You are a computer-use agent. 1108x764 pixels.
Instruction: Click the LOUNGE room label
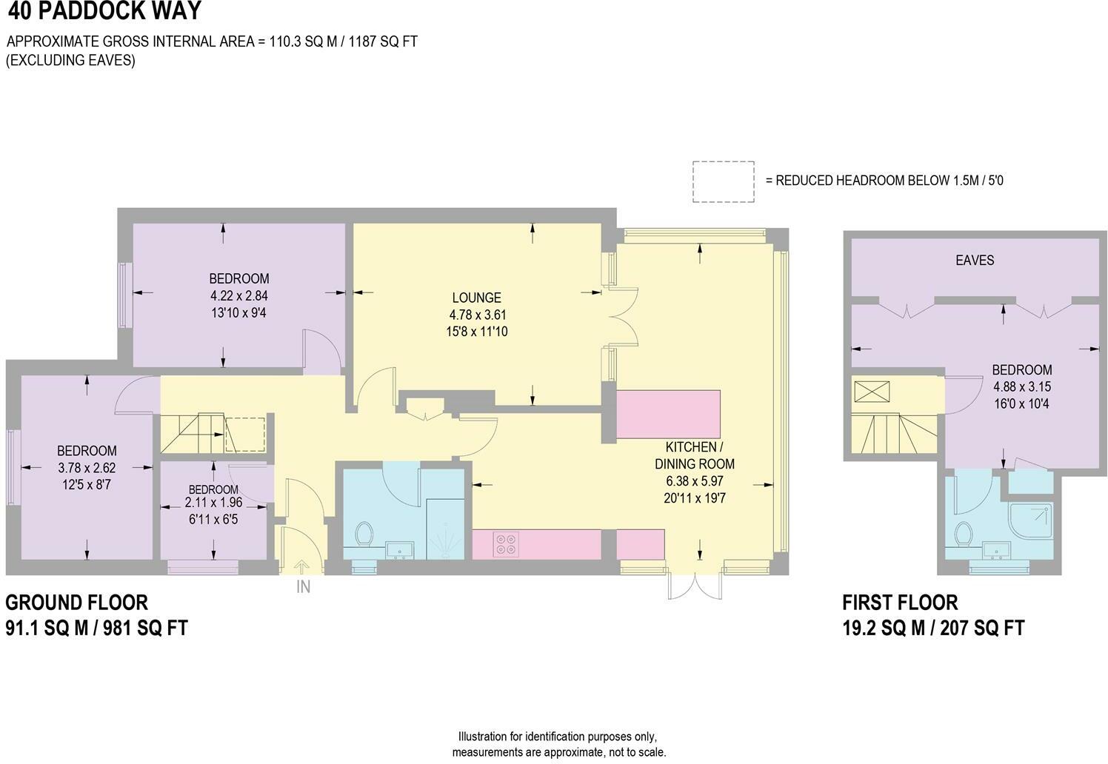(x=477, y=298)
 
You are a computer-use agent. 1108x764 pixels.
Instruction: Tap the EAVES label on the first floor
(x=974, y=261)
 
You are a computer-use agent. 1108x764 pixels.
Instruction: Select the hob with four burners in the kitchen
(x=506, y=544)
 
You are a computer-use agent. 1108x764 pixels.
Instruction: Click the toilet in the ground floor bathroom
(x=364, y=533)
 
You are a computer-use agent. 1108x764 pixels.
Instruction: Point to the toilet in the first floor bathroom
(x=964, y=532)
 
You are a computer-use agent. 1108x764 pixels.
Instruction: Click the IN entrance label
(x=303, y=587)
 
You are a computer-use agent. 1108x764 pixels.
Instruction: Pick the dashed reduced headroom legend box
(x=723, y=181)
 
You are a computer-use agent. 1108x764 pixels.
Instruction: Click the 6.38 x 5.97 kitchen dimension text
(x=695, y=481)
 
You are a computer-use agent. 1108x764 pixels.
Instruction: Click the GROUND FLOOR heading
(x=77, y=602)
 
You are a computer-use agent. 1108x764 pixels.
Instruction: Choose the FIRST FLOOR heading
(x=900, y=602)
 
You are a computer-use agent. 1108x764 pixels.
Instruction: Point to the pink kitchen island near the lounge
(x=669, y=415)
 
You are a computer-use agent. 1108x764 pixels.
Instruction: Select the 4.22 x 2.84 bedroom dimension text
(x=238, y=295)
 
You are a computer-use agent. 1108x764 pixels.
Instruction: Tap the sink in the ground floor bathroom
(x=400, y=549)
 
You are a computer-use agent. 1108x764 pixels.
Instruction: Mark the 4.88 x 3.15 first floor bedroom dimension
(x=1022, y=386)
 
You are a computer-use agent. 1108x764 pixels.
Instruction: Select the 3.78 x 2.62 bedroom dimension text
(x=87, y=468)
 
